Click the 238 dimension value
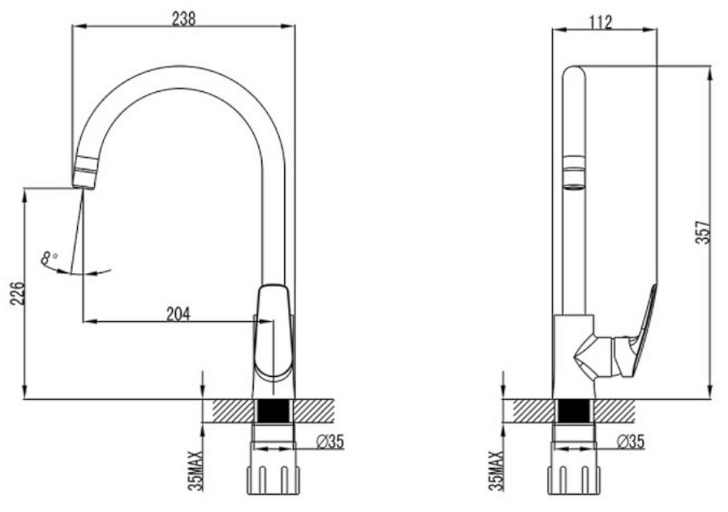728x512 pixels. [184, 19]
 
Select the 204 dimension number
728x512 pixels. [178, 314]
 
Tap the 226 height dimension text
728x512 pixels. [17, 292]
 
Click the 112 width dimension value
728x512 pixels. [601, 22]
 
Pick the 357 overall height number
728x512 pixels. [704, 232]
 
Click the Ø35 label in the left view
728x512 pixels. [330, 441]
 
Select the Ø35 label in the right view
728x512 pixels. [631, 441]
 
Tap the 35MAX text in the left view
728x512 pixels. [196, 470]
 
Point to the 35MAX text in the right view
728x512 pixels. [496, 470]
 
